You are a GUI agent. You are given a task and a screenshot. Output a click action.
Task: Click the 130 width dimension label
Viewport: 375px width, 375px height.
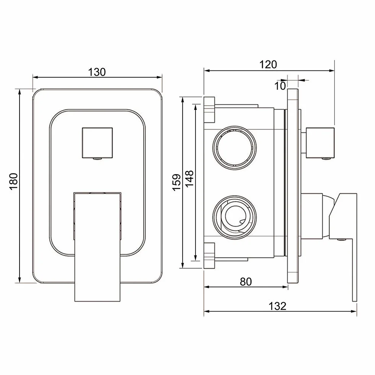coord(97,72)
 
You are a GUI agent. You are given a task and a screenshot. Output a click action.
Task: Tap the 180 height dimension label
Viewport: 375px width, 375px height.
coord(14,181)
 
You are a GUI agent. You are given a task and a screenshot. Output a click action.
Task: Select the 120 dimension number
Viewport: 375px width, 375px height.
coord(268,65)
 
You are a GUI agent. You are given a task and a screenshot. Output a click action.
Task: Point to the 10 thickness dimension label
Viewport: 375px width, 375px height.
coord(280,86)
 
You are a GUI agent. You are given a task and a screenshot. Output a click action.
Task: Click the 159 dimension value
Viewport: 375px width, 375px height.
coord(176,183)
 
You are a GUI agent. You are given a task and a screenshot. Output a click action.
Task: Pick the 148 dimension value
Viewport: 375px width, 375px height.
coord(189,179)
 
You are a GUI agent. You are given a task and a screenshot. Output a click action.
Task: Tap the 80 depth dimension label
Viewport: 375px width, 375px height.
coord(246,282)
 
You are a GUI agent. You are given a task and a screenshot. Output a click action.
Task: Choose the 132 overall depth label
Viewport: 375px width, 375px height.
coord(277,306)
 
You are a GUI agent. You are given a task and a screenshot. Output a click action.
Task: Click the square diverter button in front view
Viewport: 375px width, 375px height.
coord(97,143)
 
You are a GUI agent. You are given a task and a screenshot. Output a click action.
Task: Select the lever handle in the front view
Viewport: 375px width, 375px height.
coord(97,246)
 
